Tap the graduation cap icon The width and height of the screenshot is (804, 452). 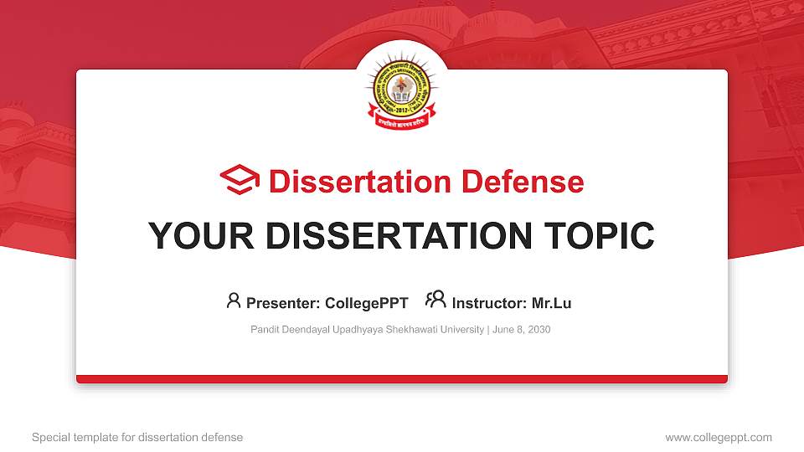pyautogui.click(x=240, y=180)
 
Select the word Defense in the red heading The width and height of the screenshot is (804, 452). pyautogui.click(x=523, y=182)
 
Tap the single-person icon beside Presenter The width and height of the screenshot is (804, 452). pyautogui.click(x=234, y=300)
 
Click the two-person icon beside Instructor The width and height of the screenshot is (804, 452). pyautogui.click(x=435, y=300)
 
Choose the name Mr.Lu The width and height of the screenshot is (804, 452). pyautogui.click(x=552, y=303)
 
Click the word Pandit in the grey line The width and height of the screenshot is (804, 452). pyautogui.click(x=265, y=330)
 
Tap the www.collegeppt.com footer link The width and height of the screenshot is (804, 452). pyautogui.click(x=719, y=437)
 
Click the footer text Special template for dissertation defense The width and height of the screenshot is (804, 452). pyautogui.click(x=137, y=437)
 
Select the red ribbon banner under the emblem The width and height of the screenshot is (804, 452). pyautogui.click(x=401, y=122)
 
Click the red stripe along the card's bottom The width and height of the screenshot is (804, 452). pyautogui.click(x=402, y=379)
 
